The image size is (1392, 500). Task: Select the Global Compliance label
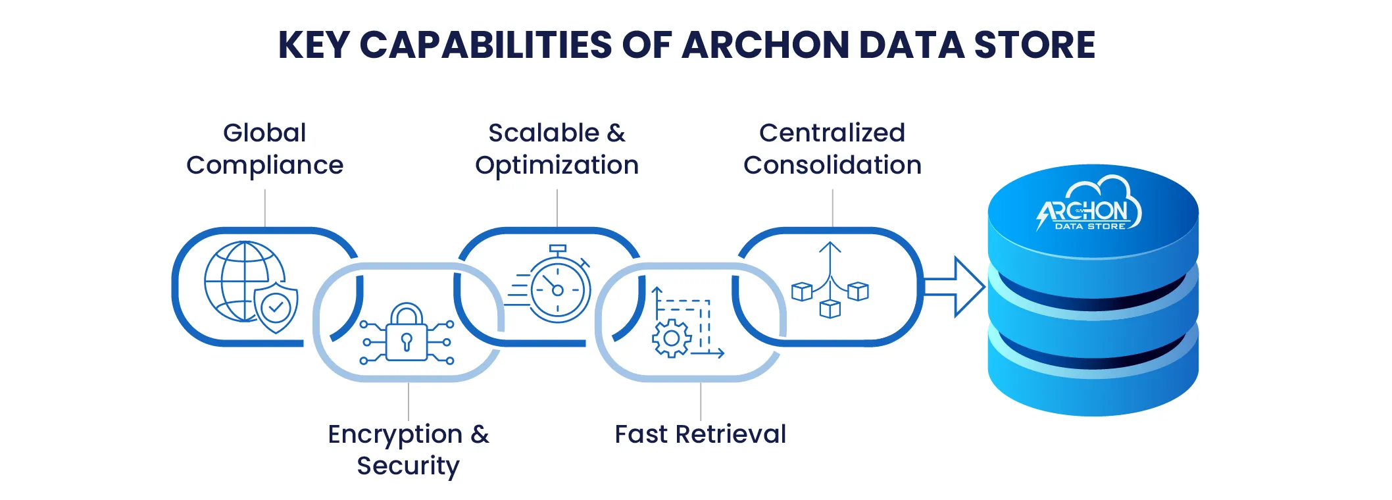point(264,149)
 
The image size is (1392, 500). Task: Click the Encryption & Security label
point(409,450)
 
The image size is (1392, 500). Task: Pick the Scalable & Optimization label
point(557,149)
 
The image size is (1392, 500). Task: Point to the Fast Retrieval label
point(700,434)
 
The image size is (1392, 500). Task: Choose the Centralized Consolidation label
point(832,149)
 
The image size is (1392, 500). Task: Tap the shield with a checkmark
point(276,307)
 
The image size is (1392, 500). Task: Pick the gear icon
point(671,338)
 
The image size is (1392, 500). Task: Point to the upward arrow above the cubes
point(830,257)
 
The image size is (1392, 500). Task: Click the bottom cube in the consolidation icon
point(830,308)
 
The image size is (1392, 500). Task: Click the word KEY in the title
point(313,45)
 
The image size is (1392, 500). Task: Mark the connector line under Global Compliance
point(265,208)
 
